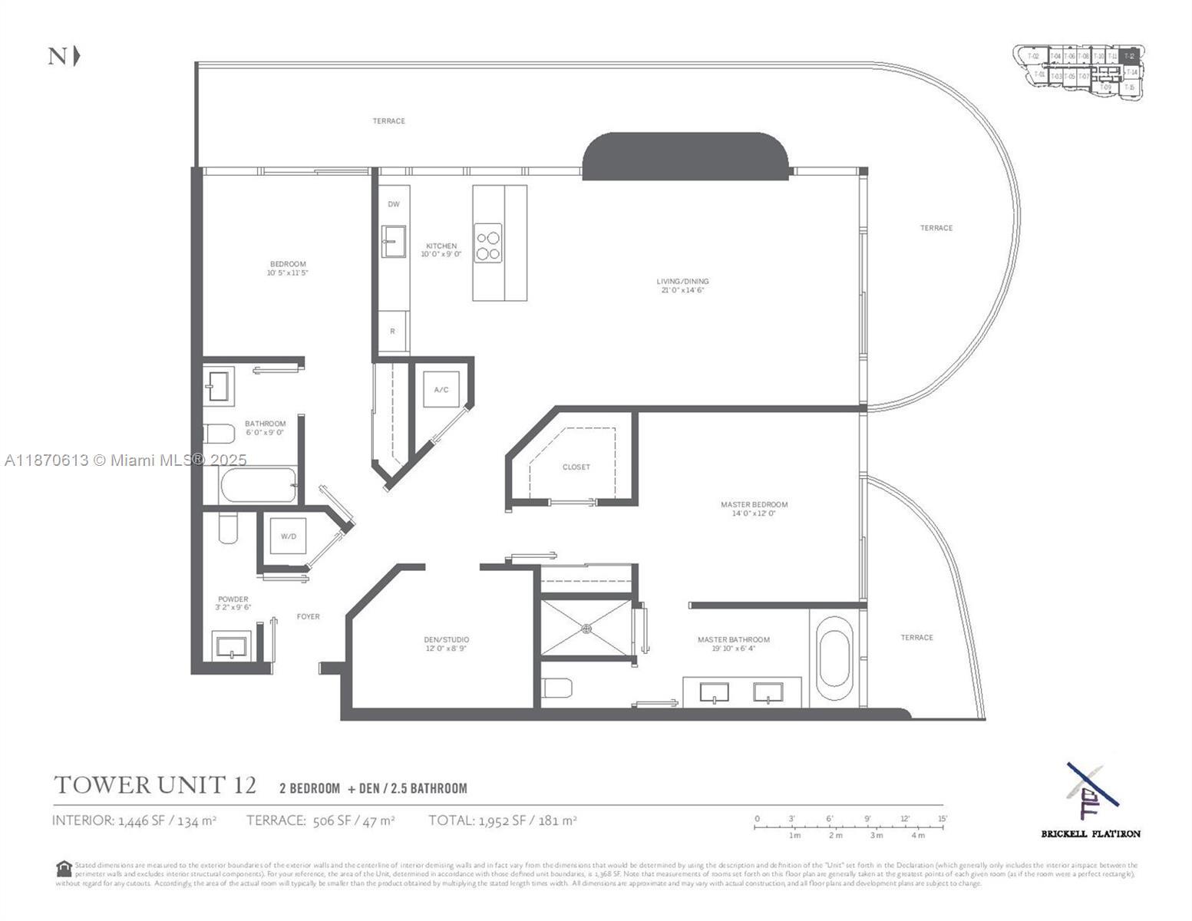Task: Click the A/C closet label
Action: click(441, 390)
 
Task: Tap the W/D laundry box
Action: click(288, 536)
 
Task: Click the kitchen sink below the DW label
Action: click(394, 241)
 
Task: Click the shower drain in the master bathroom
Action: click(587, 629)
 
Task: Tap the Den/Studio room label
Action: click(446, 643)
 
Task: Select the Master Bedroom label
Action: click(754, 508)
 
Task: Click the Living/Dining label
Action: click(682, 286)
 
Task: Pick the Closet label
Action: click(576, 467)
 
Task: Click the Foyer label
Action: click(309, 616)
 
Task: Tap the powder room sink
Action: click(231, 646)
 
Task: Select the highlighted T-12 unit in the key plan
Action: click(1128, 57)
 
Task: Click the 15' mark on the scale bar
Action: click(943, 819)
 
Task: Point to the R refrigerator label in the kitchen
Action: click(392, 332)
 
